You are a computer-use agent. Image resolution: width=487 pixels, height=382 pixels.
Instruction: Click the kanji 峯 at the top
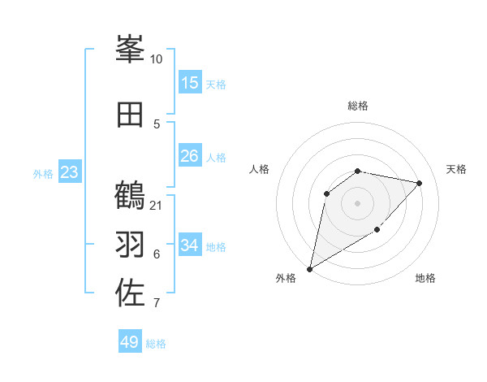[x=131, y=50]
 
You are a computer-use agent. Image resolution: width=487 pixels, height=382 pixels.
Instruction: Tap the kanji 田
[x=131, y=115]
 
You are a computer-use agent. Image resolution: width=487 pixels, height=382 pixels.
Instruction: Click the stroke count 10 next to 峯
[x=156, y=59]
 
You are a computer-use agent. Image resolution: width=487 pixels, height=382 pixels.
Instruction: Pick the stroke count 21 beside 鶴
[x=156, y=205]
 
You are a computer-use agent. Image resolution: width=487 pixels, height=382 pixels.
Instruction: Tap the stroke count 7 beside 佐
[x=156, y=304]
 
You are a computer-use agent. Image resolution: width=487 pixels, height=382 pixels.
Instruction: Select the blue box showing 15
[x=190, y=83]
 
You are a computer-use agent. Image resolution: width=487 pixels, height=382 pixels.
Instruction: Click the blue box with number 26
[x=190, y=156]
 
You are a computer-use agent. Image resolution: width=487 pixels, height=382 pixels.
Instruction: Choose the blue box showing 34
[x=190, y=245]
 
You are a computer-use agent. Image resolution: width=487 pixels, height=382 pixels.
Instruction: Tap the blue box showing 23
[x=69, y=172]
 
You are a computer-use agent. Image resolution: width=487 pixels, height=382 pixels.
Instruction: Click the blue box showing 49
[x=130, y=342]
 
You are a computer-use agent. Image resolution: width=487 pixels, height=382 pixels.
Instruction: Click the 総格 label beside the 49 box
[x=156, y=344]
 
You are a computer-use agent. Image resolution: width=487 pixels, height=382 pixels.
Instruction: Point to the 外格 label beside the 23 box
[x=43, y=173]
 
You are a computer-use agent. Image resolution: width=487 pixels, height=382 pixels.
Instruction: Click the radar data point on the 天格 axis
[x=420, y=183]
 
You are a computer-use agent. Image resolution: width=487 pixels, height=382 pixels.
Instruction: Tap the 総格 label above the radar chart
[x=358, y=106]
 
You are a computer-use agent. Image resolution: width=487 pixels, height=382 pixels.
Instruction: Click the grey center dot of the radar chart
[x=357, y=202]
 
